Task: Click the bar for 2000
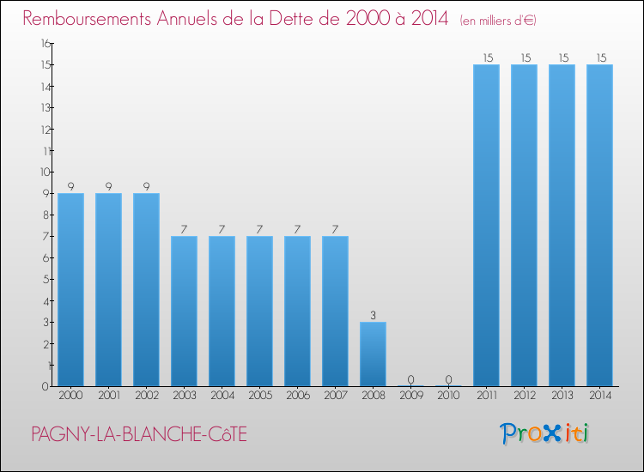(70, 289)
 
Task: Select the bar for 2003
(184, 311)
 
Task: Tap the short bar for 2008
(373, 354)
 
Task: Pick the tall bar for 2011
(486, 225)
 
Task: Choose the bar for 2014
(599, 225)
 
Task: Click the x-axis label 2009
(410, 396)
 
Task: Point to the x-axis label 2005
(259, 396)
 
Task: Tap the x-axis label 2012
(524, 396)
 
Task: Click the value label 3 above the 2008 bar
(373, 315)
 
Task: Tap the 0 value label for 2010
(448, 379)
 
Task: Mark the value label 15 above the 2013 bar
(562, 57)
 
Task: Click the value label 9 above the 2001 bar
(108, 186)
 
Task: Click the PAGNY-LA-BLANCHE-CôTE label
(138, 435)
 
